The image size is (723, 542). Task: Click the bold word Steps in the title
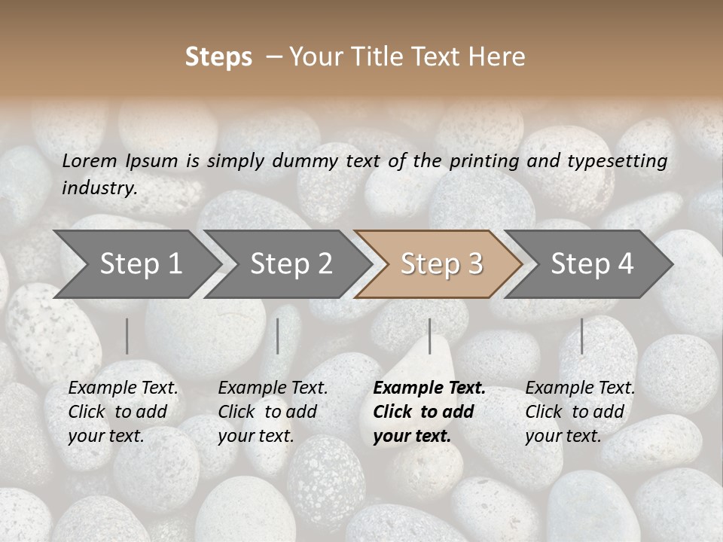[x=218, y=57]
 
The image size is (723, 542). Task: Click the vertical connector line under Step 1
[x=127, y=336]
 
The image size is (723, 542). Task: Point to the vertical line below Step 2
[x=278, y=336]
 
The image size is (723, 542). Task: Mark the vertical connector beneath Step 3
[x=430, y=336]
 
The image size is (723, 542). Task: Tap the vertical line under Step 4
[x=581, y=336]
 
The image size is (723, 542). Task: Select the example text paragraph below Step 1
[x=123, y=412]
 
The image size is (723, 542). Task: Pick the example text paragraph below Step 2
[x=273, y=412]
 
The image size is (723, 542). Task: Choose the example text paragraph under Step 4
[x=579, y=412]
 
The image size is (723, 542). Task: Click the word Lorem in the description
[x=90, y=160]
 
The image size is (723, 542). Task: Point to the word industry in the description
[x=99, y=188]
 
